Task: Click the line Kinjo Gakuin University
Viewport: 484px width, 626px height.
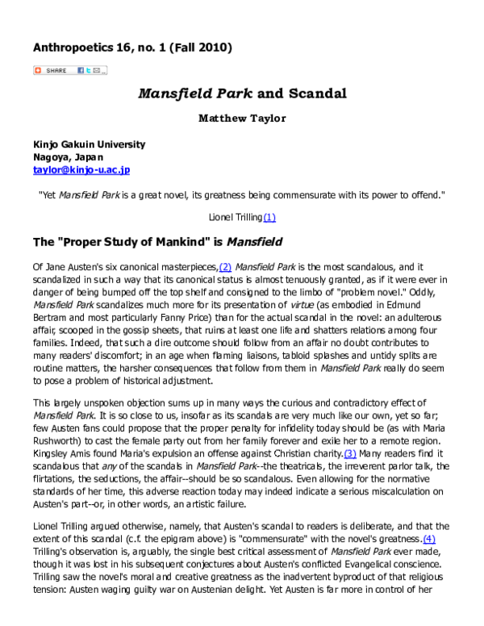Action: [89, 144]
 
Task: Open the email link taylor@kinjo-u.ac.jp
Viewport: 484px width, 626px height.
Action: [81, 170]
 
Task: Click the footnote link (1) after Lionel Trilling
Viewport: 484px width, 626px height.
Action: [269, 217]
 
